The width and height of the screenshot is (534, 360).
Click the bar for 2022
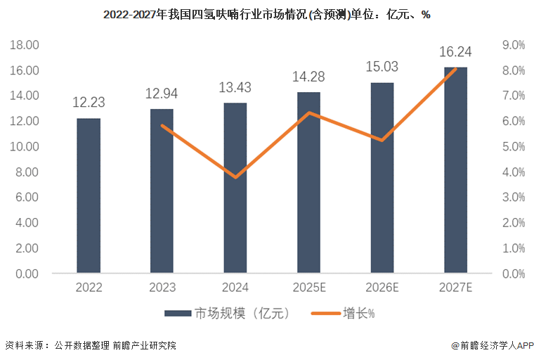[89, 195]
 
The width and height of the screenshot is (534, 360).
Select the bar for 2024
[235, 188]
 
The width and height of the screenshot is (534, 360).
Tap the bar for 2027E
[455, 170]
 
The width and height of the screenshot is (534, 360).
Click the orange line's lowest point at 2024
[235, 176]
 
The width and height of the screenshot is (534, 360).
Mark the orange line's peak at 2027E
[455, 68]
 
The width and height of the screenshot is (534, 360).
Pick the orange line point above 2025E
[308, 112]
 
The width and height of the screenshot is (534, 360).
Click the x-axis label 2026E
[382, 288]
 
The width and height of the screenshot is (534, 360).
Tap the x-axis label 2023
[162, 288]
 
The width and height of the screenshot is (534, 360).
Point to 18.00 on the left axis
[25, 45]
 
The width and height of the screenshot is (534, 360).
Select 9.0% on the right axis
[512, 45]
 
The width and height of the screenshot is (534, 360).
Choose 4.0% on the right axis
[512, 172]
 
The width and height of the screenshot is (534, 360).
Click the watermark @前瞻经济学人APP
[493, 346]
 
